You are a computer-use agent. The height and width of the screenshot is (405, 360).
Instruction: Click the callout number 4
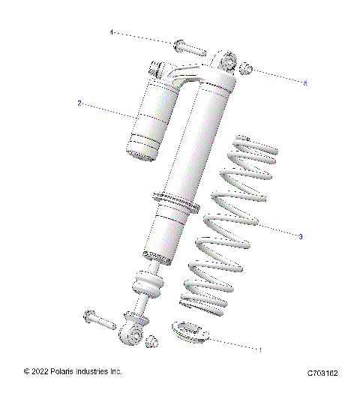click(x=112, y=32)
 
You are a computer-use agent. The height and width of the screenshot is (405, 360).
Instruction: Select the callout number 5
click(x=305, y=82)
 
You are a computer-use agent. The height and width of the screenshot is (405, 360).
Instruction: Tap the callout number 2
click(x=79, y=103)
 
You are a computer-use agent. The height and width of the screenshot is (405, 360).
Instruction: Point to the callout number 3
click(x=300, y=236)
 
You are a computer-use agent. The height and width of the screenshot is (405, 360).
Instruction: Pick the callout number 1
click(x=259, y=349)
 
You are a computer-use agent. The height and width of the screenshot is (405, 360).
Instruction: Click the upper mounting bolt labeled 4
click(x=188, y=49)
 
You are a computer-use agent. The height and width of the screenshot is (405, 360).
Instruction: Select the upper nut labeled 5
click(x=246, y=70)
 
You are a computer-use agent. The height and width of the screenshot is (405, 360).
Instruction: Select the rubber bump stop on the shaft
click(x=147, y=286)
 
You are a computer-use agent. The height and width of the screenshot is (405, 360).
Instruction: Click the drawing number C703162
click(x=322, y=373)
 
